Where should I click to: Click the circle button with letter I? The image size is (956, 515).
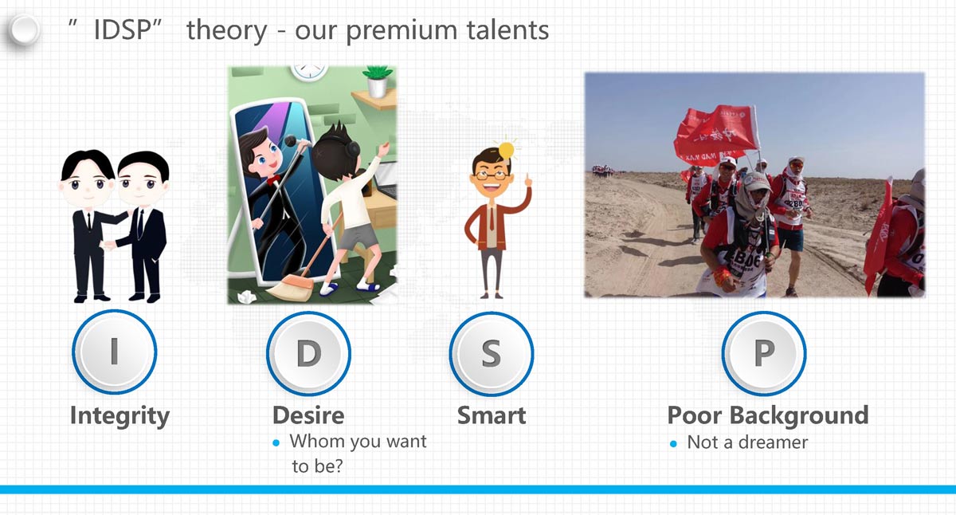pos(115,352)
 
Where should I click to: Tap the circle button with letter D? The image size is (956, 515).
pos(308,354)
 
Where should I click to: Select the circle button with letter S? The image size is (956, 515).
pos(492,354)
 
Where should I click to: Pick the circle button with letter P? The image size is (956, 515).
pos(764,354)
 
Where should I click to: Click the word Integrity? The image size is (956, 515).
pos(120,416)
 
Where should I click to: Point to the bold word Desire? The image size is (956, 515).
pos(308,415)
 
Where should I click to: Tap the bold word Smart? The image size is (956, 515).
pos(492,415)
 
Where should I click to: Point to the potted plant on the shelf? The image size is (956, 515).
pos(378,81)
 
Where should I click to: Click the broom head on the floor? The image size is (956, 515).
pos(290,287)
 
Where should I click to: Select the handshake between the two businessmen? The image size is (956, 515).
pos(109,245)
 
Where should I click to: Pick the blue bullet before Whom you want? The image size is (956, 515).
pos(276,442)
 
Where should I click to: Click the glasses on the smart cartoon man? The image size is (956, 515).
pos(492,175)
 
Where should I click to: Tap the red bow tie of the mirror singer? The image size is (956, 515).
pos(273,179)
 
